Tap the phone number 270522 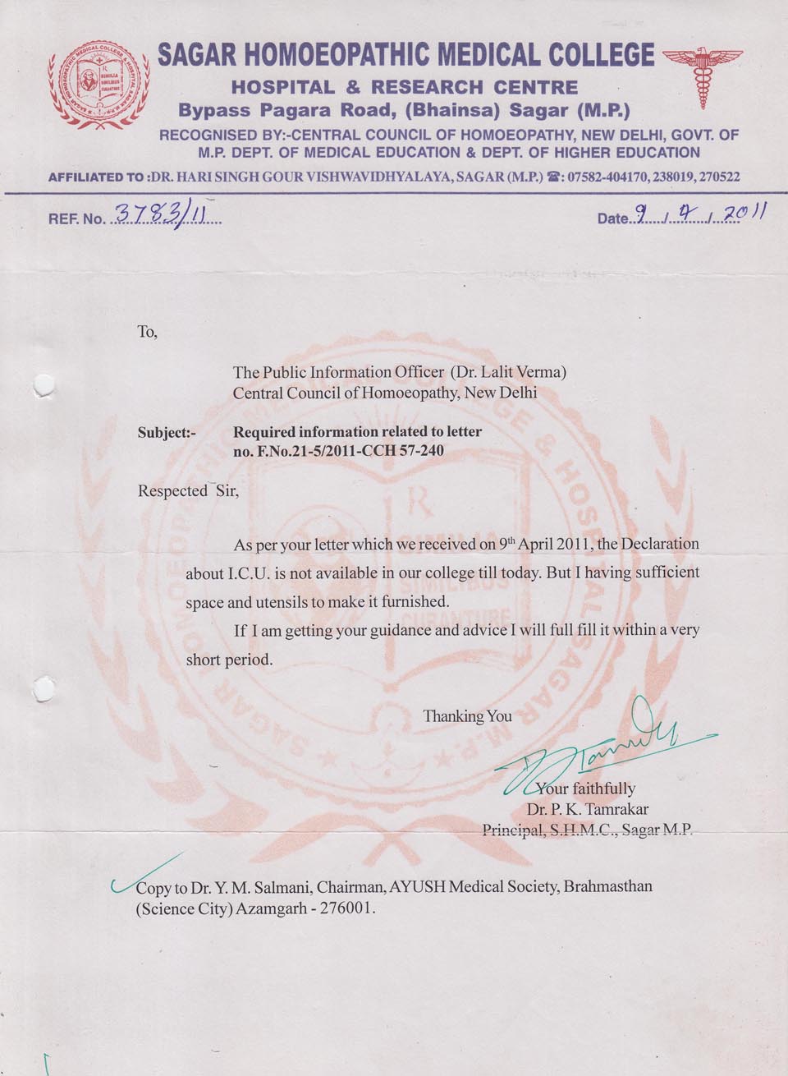pyautogui.click(x=717, y=177)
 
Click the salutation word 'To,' pyautogui.click(x=147, y=333)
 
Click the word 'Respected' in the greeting pyautogui.click(x=172, y=491)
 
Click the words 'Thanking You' pyautogui.click(x=467, y=716)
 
